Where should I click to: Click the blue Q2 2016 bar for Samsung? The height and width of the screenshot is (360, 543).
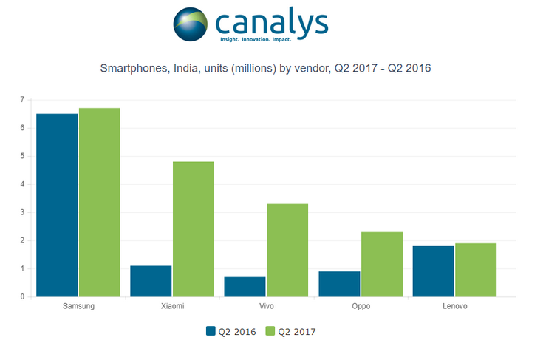pyautogui.click(x=57, y=205)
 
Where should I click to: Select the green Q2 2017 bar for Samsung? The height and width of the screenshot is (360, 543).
pyautogui.click(x=100, y=203)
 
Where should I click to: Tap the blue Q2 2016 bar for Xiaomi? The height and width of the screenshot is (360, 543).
pyautogui.click(x=151, y=281)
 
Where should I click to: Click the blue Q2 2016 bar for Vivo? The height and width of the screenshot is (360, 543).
pyautogui.click(x=245, y=287)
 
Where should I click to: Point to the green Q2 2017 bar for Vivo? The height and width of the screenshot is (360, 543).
pyautogui.click(x=287, y=250)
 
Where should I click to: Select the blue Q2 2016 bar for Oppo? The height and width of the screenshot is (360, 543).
pyautogui.click(x=339, y=284)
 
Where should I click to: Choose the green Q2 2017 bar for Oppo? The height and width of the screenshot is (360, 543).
pyautogui.click(x=381, y=264)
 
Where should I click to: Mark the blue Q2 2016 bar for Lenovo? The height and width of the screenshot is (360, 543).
pyautogui.click(x=433, y=271)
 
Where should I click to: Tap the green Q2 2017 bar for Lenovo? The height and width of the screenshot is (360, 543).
pyautogui.click(x=476, y=270)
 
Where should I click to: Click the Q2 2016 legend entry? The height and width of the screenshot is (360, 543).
pyautogui.click(x=230, y=331)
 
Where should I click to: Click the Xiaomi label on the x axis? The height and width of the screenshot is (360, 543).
pyautogui.click(x=172, y=306)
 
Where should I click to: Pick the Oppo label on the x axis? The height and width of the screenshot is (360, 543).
pyautogui.click(x=361, y=306)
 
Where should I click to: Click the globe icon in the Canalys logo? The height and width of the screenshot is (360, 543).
pyautogui.click(x=192, y=24)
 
